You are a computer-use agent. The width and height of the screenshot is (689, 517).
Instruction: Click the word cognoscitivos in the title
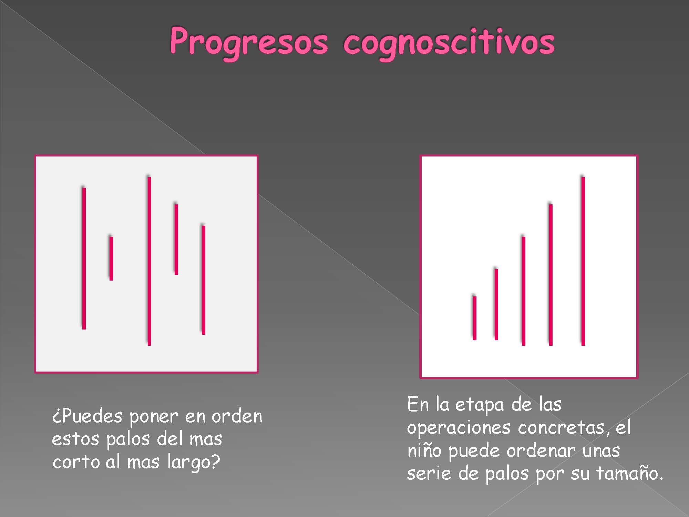449,43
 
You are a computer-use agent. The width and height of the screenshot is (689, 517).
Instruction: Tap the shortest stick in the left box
111,258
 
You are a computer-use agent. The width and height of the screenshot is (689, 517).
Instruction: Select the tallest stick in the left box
149,261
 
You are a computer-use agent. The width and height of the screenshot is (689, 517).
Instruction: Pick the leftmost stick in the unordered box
84,258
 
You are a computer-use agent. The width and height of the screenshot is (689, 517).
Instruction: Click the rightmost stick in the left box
203,280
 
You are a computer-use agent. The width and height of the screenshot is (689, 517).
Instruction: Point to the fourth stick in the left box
176,240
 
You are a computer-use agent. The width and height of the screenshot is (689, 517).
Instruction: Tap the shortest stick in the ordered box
474,318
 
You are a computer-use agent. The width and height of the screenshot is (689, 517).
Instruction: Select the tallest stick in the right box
583,261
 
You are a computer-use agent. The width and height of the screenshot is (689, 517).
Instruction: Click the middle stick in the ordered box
523,291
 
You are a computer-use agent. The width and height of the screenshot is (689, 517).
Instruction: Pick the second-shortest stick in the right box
496,304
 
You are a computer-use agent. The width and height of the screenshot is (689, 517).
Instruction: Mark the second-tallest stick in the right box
551,275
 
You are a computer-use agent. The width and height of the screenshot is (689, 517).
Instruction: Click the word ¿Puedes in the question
87,416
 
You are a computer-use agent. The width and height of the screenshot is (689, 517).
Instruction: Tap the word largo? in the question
193,462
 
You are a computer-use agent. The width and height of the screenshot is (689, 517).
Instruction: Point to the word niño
424,450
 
